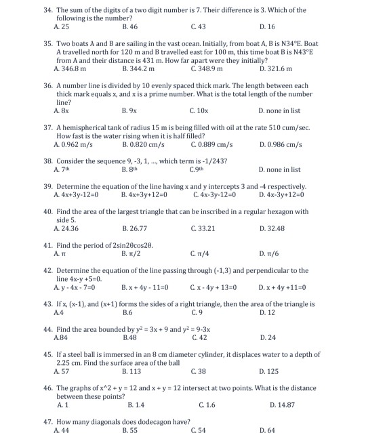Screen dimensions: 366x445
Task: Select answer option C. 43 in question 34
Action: [x=198, y=26]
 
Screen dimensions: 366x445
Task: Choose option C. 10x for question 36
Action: [x=199, y=110]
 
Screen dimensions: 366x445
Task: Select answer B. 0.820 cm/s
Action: [x=144, y=144]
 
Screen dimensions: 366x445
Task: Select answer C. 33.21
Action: [x=202, y=228]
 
